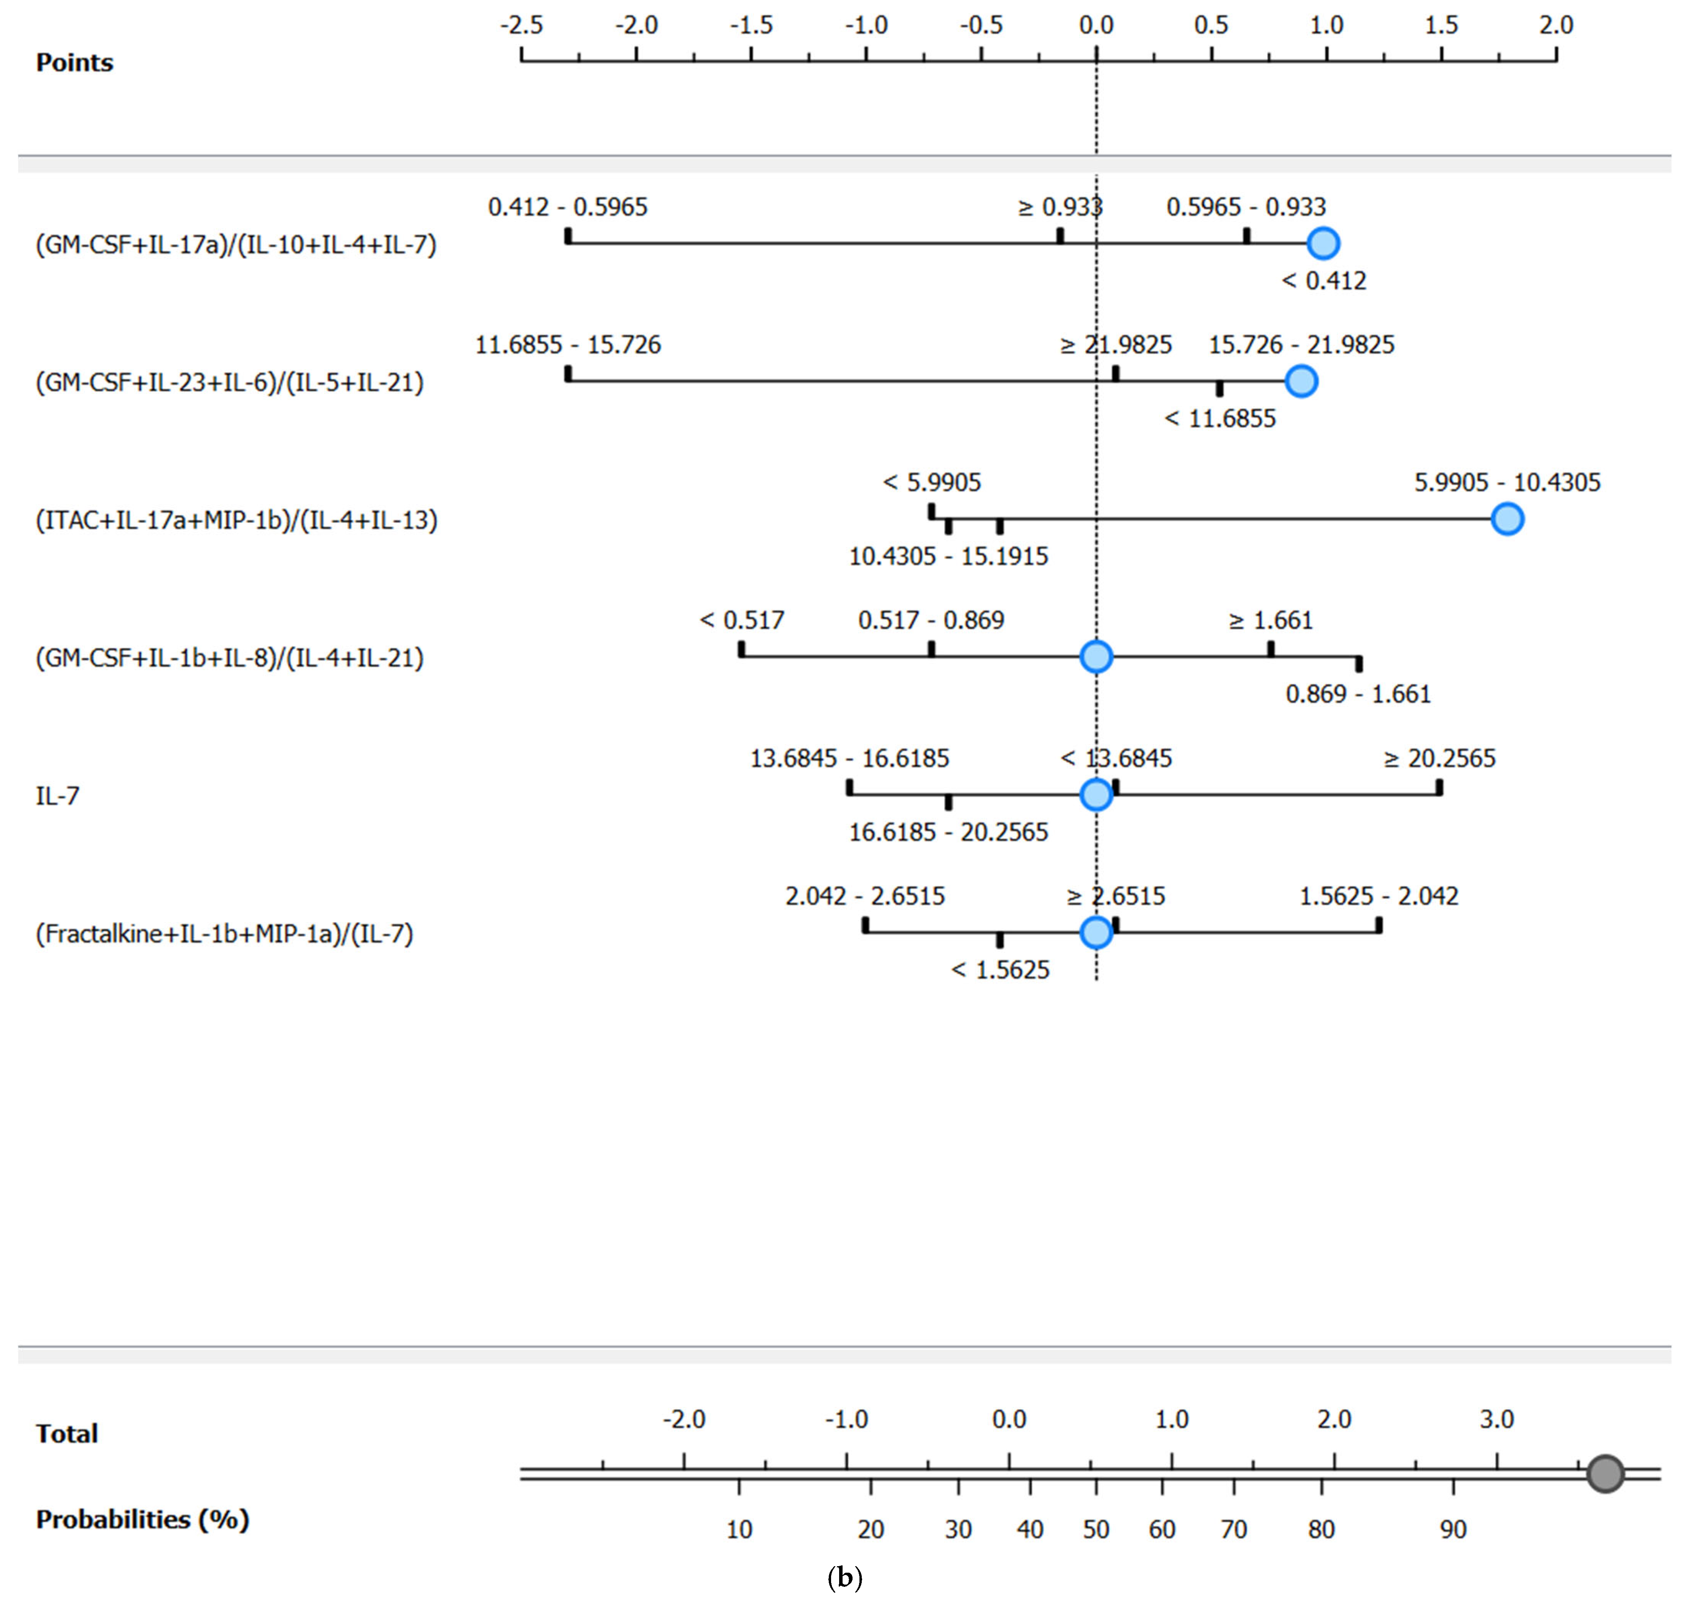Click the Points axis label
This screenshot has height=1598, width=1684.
click(74, 62)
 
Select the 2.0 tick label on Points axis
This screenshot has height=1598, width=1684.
click(1556, 25)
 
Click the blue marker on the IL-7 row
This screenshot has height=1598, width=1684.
click(1095, 795)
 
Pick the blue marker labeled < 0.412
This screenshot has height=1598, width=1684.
click(1323, 244)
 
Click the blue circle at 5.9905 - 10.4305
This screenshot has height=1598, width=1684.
click(1507, 519)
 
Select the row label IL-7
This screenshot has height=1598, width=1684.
click(57, 796)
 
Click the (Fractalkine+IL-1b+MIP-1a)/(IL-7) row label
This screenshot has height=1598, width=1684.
click(224, 934)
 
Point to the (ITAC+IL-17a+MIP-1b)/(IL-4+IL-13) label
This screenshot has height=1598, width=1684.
click(236, 520)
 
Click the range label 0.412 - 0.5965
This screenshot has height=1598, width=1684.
click(567, 207)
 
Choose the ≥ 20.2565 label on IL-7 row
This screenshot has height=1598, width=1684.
click(1439, 758)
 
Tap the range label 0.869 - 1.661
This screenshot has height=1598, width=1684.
click(1358, 694)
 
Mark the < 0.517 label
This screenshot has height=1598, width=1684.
click(741, 620)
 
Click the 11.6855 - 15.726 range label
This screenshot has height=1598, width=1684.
click(567, 345)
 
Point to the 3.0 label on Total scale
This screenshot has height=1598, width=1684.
click(1496, 1419)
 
